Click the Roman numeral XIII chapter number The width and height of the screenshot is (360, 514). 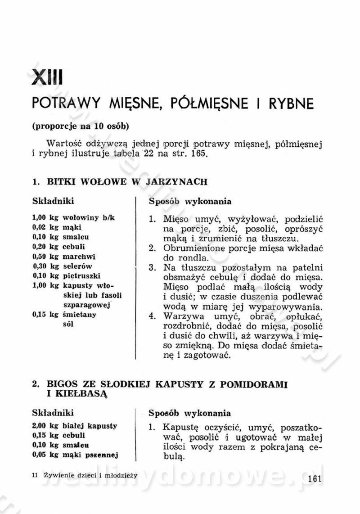[47, 77]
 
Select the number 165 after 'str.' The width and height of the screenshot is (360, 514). [198, 153]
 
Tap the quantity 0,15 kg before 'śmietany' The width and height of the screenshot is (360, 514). [45, 315]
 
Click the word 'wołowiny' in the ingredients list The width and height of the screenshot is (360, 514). [81, 217]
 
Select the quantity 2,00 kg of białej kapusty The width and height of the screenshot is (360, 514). [45, 425]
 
